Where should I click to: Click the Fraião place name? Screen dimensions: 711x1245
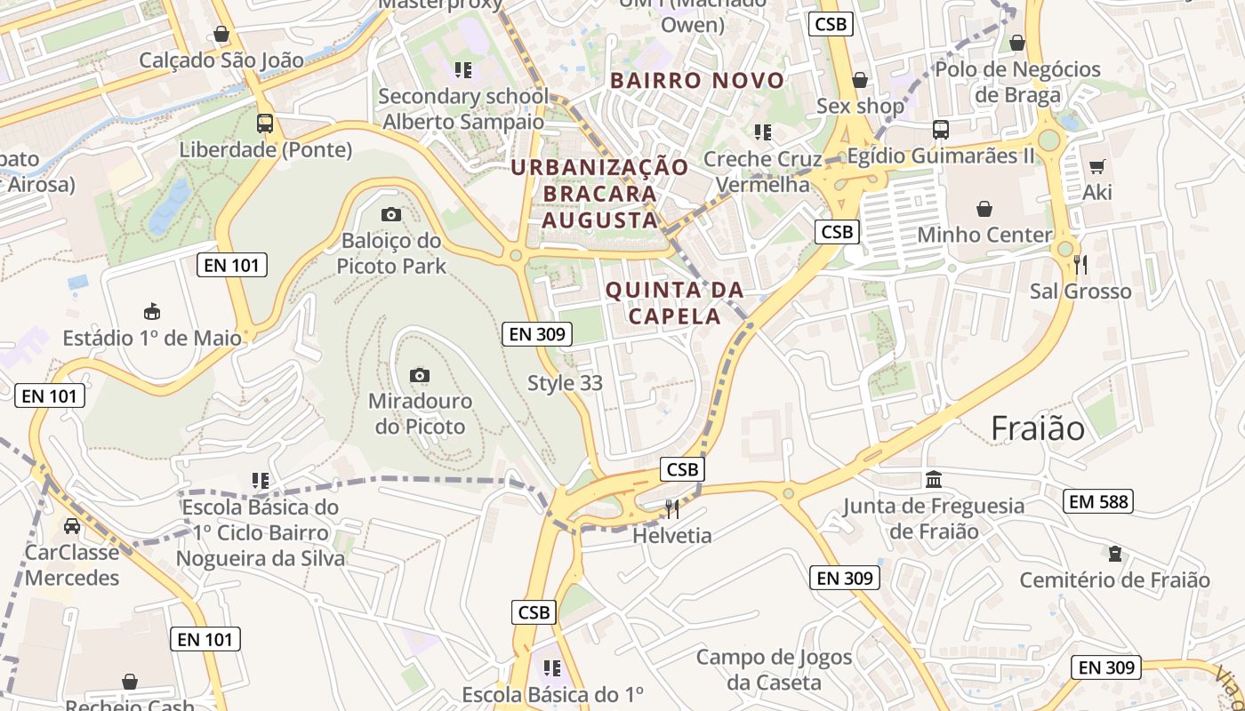(x=1038, y=428)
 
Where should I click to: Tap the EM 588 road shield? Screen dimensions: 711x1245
(x=1098, y=501)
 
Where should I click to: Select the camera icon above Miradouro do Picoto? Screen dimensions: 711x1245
(x=419, y=375)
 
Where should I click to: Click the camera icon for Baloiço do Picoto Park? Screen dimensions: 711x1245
(x=390, y=214)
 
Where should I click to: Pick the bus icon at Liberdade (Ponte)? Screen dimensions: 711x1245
(x=264, y=124)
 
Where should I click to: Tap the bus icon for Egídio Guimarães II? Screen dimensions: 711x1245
(x=941, y=130)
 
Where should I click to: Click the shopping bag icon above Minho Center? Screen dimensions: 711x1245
(x=984, y=209)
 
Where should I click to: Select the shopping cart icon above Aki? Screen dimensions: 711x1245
(x=1096, y=166)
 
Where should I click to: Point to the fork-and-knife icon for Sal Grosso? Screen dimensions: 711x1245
(x=1080, y=264)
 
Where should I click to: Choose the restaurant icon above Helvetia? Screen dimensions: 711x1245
(x=672, y=509)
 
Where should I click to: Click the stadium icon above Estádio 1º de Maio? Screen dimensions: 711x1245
(x=152, y=311)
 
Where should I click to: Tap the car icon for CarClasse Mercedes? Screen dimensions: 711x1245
(x=72, y=525)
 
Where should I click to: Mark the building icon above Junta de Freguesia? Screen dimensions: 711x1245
(x=934, y=480)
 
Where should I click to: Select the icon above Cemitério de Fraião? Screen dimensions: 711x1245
(x=1114, y=554)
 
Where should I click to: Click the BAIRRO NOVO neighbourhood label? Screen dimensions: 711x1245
(x=697, y=81)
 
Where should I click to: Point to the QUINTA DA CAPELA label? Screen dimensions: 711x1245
(x=674, y=303)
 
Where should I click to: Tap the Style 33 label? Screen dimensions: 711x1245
(x=565, y=383)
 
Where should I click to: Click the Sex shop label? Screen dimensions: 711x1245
(x=860, y=106)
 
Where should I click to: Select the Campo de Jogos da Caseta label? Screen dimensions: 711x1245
(x=774, y=670)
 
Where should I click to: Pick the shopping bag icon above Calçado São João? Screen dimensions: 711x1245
(x=221, y=34)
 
